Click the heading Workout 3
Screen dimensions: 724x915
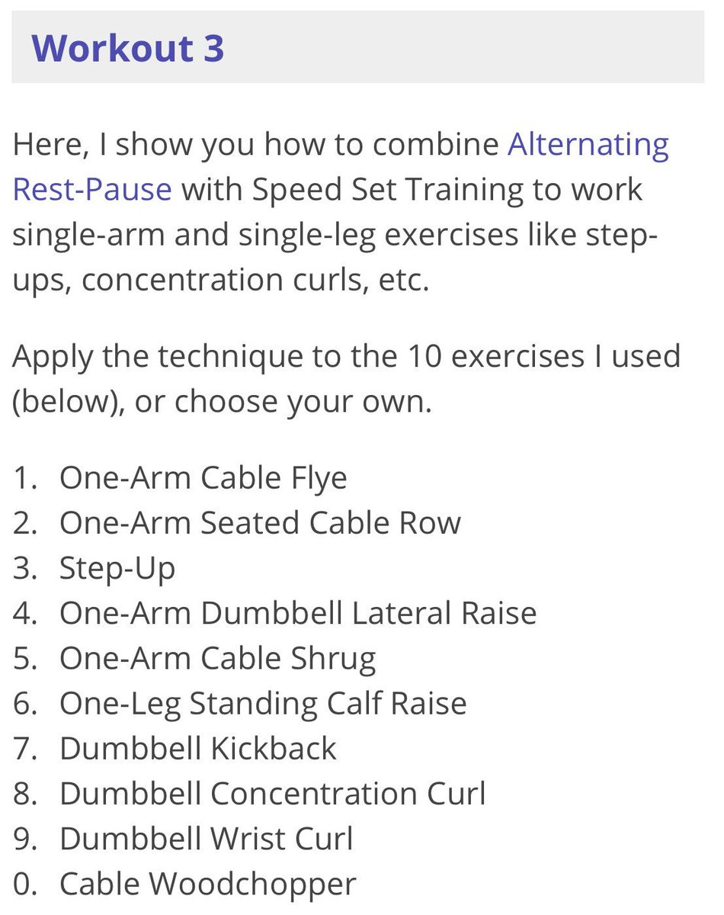pos(127,48)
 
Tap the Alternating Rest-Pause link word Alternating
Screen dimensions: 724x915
pos(588,146)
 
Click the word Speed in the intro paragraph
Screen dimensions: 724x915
pos(296,190)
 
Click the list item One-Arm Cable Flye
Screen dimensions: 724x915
pos(203,478)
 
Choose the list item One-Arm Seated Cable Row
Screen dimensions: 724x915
pos(260,523)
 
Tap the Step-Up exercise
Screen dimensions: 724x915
pos(117,569)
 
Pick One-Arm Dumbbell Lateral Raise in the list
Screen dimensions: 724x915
pos(298,613)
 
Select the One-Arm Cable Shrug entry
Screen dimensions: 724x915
pos(218,659)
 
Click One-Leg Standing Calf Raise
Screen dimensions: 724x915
pos(263,704)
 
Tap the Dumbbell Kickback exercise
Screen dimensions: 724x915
pos(198,749)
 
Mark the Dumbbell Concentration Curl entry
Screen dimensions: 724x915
pos(273,794)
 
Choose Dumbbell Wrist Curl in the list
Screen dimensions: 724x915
pos(207,839)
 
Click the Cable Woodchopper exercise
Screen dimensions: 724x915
pos(207,884)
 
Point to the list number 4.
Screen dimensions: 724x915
pos(24,613)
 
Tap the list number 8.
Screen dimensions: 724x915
pos(24,794)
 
